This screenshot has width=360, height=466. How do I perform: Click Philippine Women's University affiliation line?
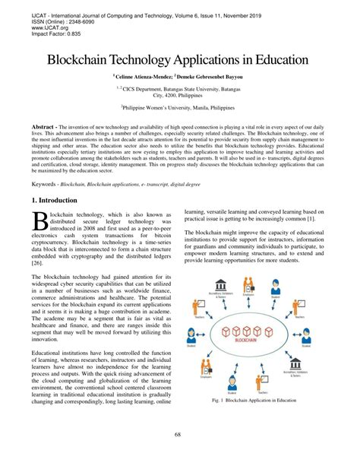[x=180, y=109]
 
